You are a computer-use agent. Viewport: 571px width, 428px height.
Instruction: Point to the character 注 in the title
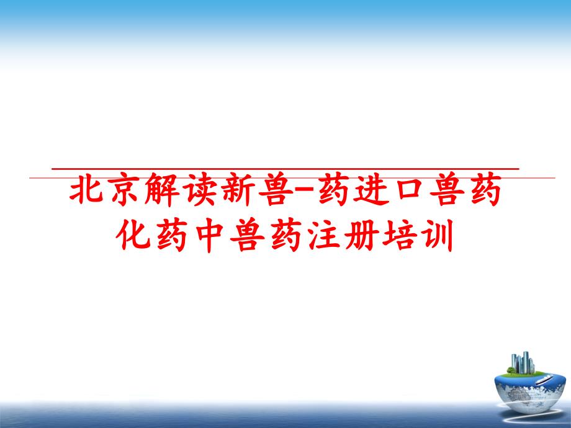[x=323, y=234]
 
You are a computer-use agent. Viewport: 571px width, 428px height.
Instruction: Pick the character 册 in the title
[x=362, y=234]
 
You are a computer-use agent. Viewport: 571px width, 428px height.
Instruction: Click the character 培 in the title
[x=400, y=234]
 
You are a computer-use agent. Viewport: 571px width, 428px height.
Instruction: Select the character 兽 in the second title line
[x=247, y=234]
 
